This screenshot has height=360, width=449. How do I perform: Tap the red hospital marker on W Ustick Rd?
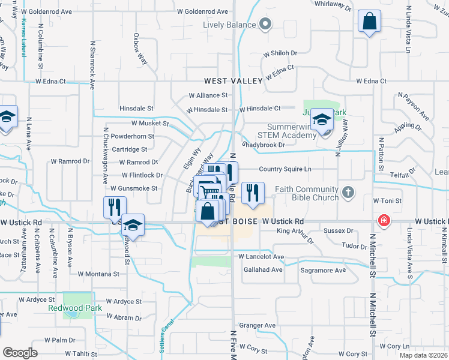[382, 221]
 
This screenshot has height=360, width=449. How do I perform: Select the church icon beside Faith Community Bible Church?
[348, 193]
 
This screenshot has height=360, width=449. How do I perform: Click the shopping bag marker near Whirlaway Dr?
[369, 22]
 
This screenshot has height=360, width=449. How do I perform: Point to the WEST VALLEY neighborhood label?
[234, 81]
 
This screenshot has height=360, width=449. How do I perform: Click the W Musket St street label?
[150, 123]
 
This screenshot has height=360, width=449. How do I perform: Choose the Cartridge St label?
[129, 149]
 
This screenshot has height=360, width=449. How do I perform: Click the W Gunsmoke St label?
[133, 188]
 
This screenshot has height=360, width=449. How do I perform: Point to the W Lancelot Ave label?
[261, 256]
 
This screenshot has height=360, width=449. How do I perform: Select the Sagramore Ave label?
[323, 270]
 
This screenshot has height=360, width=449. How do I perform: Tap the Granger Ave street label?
[257, 326]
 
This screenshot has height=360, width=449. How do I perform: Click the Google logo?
[20, 353]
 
